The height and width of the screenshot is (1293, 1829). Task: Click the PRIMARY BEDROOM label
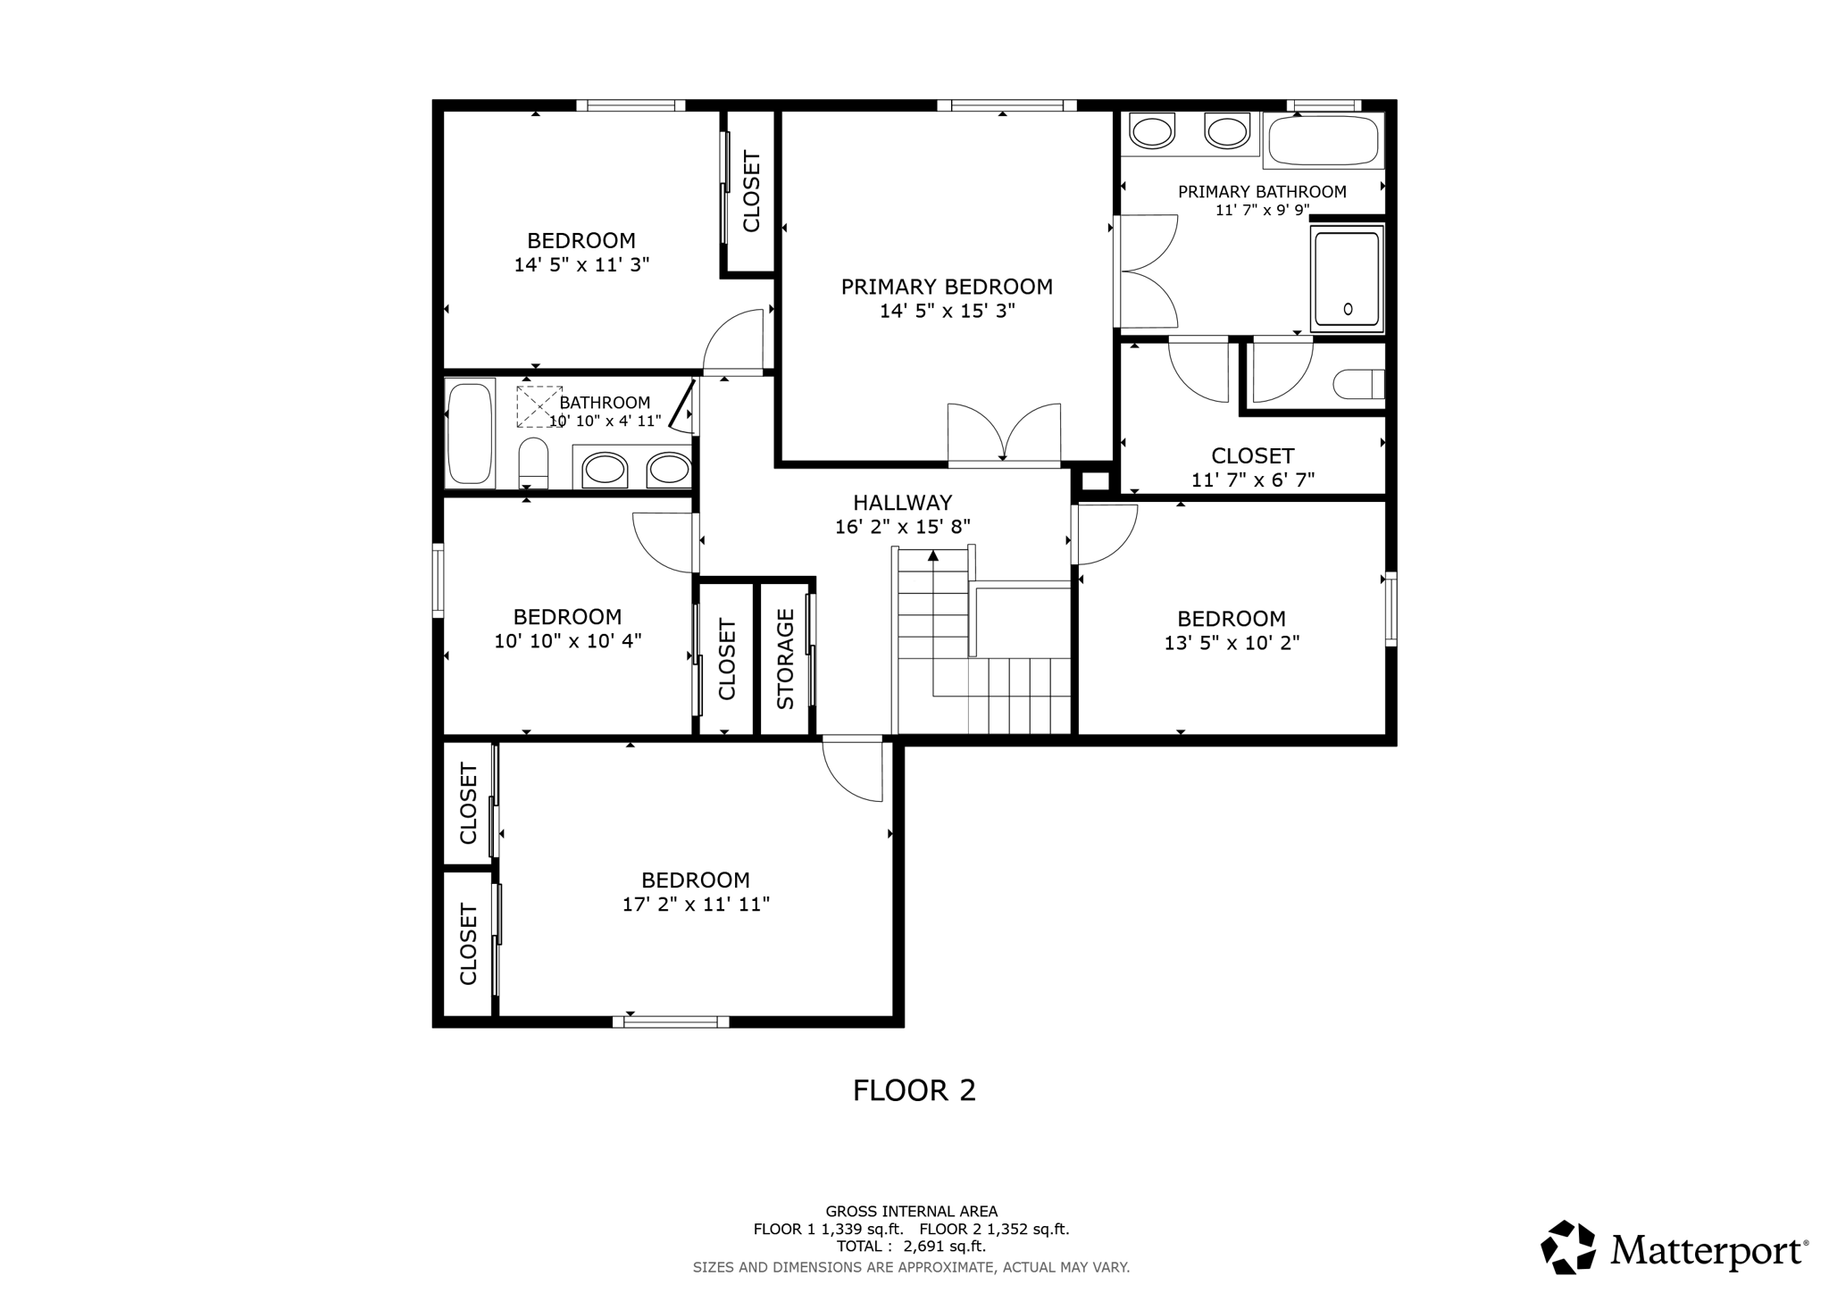click(947, 287)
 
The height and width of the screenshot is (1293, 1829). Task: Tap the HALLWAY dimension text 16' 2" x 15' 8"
click(902, 527)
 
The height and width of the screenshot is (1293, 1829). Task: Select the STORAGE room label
click(786, 659)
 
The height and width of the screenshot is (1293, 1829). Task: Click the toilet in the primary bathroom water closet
click(1357, 385)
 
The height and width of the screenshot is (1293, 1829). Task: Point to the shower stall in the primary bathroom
click(1347, 279)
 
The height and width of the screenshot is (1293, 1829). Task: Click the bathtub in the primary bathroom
click(1323, 140)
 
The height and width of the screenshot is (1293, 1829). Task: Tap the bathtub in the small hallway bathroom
click(470, 433)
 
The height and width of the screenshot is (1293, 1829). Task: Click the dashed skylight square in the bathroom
click(539, 405)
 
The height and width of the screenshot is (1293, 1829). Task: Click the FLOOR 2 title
click(914, 1090)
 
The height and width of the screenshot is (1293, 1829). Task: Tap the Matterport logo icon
click(1567, 1247)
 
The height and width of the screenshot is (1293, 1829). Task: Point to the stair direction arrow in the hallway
click(933, 556)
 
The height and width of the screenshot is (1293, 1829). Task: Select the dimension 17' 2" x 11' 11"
click(696, 905)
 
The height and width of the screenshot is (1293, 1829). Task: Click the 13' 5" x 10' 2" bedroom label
click(1231, 619)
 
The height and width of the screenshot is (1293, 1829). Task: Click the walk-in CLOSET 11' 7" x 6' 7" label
click(1252, 456)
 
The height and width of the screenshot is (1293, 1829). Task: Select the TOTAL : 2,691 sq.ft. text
click(911, 1247)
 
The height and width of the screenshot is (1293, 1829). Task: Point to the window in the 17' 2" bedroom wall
click(671, 1022)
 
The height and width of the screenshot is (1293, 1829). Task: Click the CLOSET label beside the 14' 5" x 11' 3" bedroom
click(751, 192)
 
